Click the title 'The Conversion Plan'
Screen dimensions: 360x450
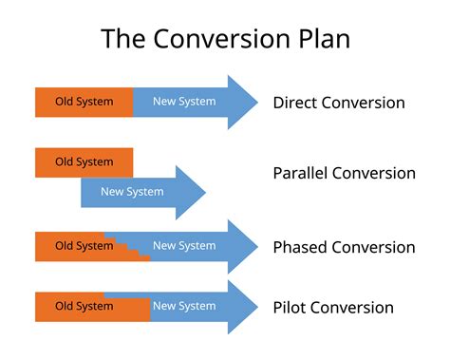point(225,40)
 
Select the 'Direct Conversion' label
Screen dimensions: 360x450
point(338,103)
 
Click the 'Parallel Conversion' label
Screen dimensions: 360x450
point(344,173)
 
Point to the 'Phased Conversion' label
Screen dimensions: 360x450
point(344,247)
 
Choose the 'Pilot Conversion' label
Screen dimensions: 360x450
point(332,307)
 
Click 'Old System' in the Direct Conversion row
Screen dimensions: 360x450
point(84,102)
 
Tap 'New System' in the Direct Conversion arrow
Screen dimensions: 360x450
point(184,102)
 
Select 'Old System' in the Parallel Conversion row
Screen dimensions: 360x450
point(84,161)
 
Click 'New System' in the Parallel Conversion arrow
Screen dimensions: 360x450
point(132,191)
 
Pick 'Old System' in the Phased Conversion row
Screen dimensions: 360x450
point(84,246)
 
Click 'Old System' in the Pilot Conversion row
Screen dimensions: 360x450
point(84,306)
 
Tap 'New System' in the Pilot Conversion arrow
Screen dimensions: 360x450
point(184,306)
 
